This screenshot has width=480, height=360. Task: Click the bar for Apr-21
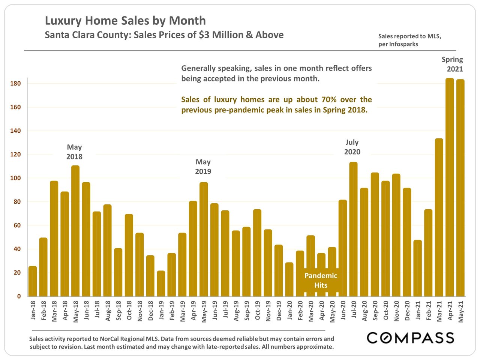pyautogui.click(x=450, y=187)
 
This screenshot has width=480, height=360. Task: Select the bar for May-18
pyautogui.click(x=75, y=231)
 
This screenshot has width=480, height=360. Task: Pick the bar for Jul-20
pyautogui.click(x=353, y=229)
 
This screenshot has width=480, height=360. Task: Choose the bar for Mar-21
pyautogui.click(x=439, y=217)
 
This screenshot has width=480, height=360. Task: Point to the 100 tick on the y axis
pyautogui.click(x=16, y=178)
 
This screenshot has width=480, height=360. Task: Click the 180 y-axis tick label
pyautogui.click(x=16, y=84)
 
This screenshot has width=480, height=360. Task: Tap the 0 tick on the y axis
pyautogui.click(x=19, y=296)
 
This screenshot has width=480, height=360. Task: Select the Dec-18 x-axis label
pyautogui.click(x=150, y=310)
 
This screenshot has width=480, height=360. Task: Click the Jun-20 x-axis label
pyautogui.click(x=343, y=310)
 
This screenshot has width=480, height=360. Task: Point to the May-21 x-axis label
pyautogui.click(x=460, y=311)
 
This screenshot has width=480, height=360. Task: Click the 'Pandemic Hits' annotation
pyautogui.click(x=321, y=280)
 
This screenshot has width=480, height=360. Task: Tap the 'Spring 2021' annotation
pyautogui.click(x=453, y=64)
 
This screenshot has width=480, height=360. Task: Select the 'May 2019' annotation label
pyautogui.click(x=203, y=166)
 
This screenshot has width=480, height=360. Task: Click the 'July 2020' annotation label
pyautogui.click(x=352, y=147)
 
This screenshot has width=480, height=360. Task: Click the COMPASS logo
pyautogui.click(x=410, y=338)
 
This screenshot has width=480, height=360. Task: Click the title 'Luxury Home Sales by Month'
pyautogui.click(x=125, y=21)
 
